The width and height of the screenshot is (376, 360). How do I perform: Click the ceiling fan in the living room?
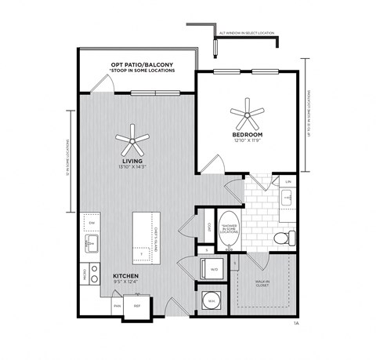pyautogui.click(x=132, y=142)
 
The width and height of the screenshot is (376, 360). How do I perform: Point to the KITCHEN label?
pyautogui.click(x=127, y=276)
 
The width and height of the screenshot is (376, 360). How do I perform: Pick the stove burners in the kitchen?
pyautogui.click(x=92, y=274)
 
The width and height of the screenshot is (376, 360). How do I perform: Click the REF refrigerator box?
pyautogui.click(x=137, y=306)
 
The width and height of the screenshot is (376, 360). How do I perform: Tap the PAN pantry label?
pyautogui.click(x=117, y=306)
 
